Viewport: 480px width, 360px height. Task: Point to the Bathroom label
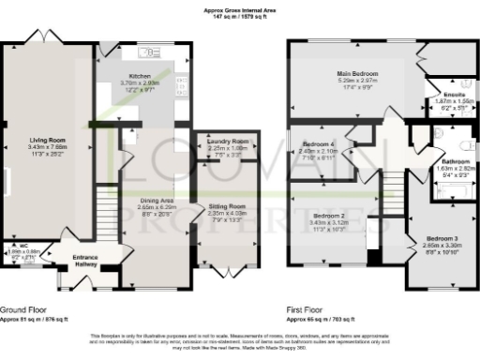[456, 161]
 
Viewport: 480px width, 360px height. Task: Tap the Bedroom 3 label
[442, 238]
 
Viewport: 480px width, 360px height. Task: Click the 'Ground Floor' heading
[22, 308]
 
